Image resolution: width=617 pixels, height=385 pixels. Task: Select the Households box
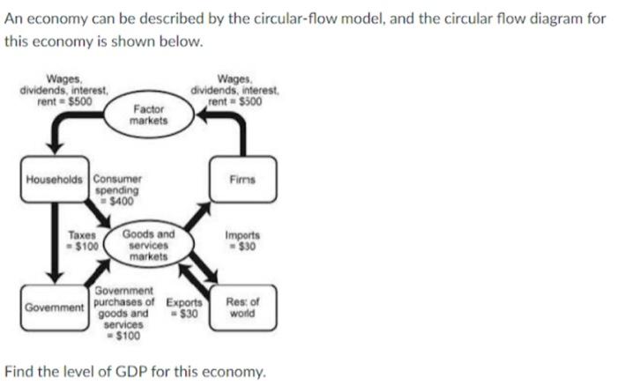coord(56,179)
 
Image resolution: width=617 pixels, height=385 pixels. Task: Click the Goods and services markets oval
coord(148,245)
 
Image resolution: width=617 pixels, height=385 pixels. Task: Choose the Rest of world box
coord(242,307)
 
